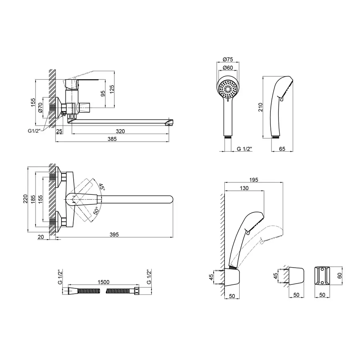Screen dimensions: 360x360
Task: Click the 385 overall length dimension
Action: click(112, 139)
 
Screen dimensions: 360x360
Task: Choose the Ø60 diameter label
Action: click(227, 67)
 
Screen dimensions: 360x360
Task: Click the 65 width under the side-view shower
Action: click(281, 148)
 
